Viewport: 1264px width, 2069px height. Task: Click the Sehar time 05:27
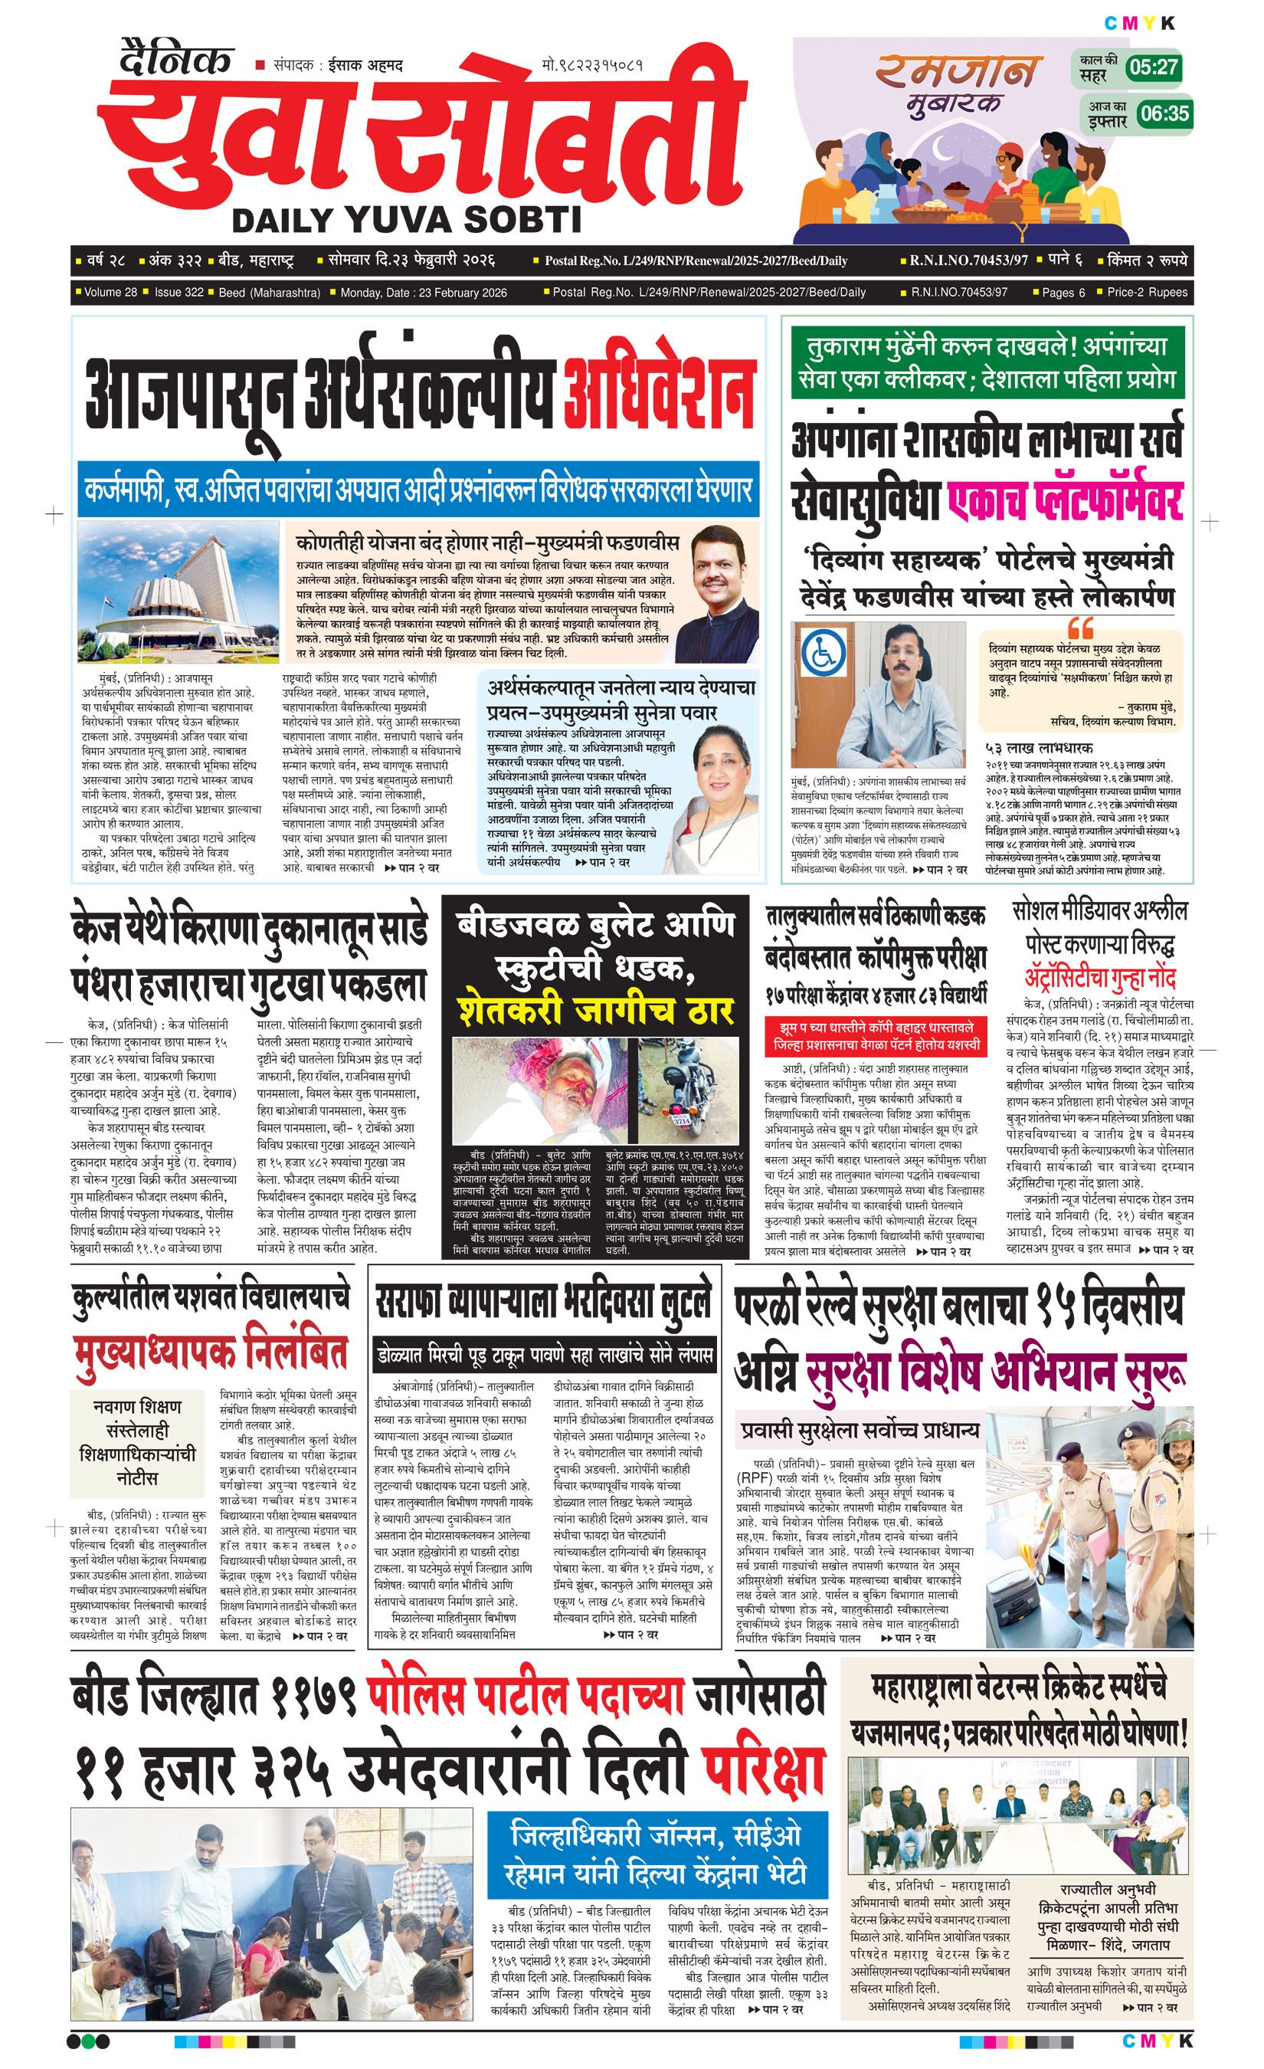(1153, 67)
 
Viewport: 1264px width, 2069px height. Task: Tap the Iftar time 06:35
(1165, 113)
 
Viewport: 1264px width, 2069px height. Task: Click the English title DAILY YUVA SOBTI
(406, 220)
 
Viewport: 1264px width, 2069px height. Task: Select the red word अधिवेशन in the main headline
(659, 394)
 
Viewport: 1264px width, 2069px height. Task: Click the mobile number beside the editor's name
(593, 64)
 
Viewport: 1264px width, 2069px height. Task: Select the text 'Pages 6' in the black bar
(1063, 292)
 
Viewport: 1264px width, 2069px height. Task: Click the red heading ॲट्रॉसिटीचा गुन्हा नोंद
(1099, 977)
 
